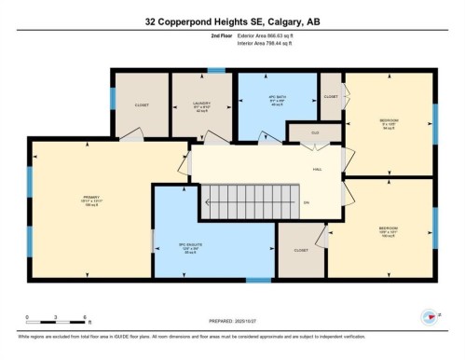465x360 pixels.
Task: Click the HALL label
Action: pyautogui.click(x=318, y=171)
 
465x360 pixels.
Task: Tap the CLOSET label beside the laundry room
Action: pyautogui.click(x=142, y=105)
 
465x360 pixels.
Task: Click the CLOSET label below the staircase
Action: pyautogui.click(x=301, y=250)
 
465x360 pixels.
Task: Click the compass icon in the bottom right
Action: pyautogui.click(x=430, y=317)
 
